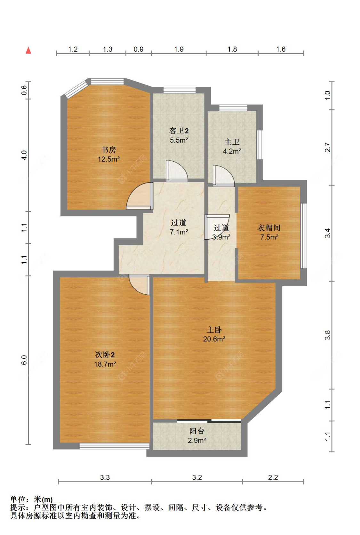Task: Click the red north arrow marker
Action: pos(28,50)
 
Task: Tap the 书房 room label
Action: pos(108,150)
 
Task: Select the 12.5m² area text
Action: pos(109,159)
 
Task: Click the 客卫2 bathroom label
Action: pos(179,131)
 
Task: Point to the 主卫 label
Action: pos(232,142)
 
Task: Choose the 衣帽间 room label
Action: pos(269,228)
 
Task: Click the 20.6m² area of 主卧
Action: pos(214,339)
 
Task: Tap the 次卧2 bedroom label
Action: pos(105,355)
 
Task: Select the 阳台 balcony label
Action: pos(197,431)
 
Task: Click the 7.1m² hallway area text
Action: pos(179,232)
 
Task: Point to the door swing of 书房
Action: pos(140,196)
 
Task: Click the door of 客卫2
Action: pos(177,171)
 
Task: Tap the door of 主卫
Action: pos(224,176)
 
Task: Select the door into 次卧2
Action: pos(139,284)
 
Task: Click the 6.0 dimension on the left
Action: pos(24,360)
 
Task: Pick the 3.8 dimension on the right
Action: pos(328,335)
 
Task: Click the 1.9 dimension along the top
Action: pos(179,49)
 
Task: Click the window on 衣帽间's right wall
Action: pos(303,236)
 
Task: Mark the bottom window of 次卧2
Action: pos(115,446)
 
